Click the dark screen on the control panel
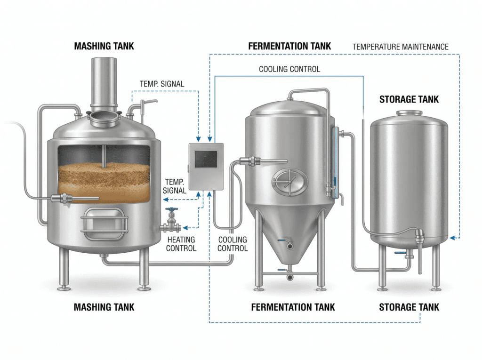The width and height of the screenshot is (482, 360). (x=205, y=159)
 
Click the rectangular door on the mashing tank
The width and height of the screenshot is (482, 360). (x=104, y=222)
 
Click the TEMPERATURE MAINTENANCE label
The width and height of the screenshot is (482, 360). (x=400, y=47)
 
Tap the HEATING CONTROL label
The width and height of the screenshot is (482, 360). (x=182, y=244)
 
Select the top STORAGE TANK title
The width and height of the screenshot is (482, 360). (x=409, y=99)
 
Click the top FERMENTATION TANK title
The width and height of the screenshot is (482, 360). (x=289, y=46)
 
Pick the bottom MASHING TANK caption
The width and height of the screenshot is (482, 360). (x=104, y=307)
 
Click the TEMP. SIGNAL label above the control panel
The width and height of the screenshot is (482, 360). (x=162, y=84)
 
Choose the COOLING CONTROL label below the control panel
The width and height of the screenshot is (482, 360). (x=233, y=244)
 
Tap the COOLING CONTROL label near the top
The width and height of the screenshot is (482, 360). (x=289, y=69)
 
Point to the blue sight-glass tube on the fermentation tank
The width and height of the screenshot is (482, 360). (x=335, y=162)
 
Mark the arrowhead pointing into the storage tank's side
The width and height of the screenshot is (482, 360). (x=452, y=238)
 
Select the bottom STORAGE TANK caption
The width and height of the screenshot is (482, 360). (x=409, y=307)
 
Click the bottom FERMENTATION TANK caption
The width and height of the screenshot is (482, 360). (x=293, y=307)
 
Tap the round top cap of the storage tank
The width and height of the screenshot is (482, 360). (x=409, y=113)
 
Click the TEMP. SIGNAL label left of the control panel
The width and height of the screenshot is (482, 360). (x=175, y=186)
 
